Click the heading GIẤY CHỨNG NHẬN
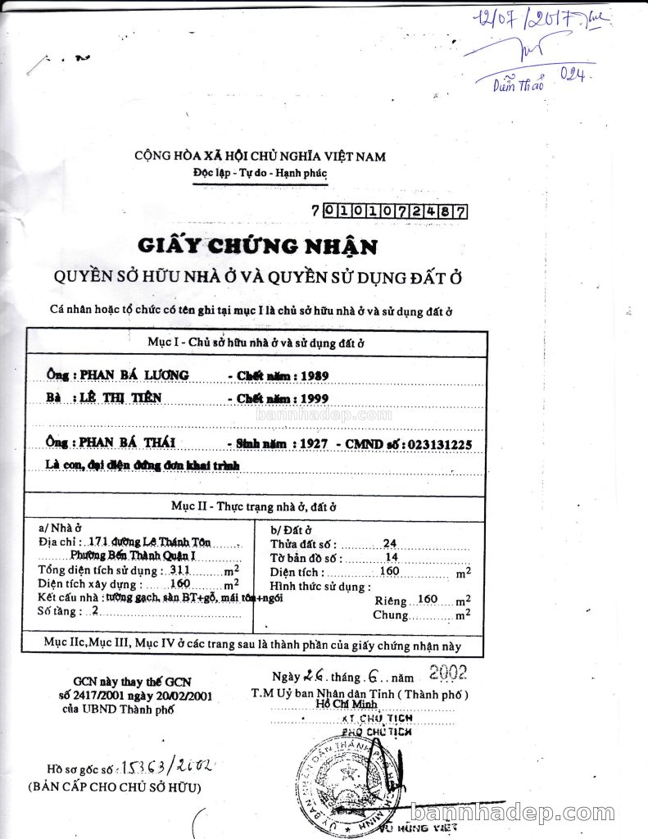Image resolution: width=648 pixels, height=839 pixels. coord(258,245)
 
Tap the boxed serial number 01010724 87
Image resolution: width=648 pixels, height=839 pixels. coord(395,211)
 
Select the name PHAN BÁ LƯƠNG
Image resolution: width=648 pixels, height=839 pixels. coord(134,374)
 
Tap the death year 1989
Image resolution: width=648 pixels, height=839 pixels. coord(314,375)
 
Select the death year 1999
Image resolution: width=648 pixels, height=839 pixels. coord(314,399)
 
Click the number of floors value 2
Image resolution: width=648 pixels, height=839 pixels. coord(96,610)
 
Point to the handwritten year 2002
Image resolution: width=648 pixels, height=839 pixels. coord(448,673)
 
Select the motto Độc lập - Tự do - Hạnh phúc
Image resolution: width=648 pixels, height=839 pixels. coord(260,174)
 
